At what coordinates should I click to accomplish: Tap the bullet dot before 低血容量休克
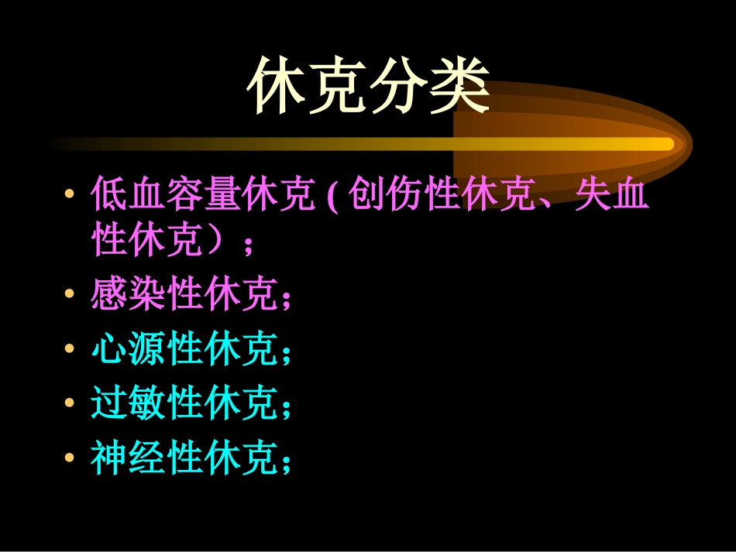coord(71,192)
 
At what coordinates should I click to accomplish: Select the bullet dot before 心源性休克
coord(71,349)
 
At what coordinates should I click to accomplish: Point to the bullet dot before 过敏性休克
coord(71,403)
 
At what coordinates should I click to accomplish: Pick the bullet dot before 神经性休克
coord(71,458)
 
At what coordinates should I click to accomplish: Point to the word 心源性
coord(148,350)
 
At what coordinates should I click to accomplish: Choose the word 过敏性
coord(148,404)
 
